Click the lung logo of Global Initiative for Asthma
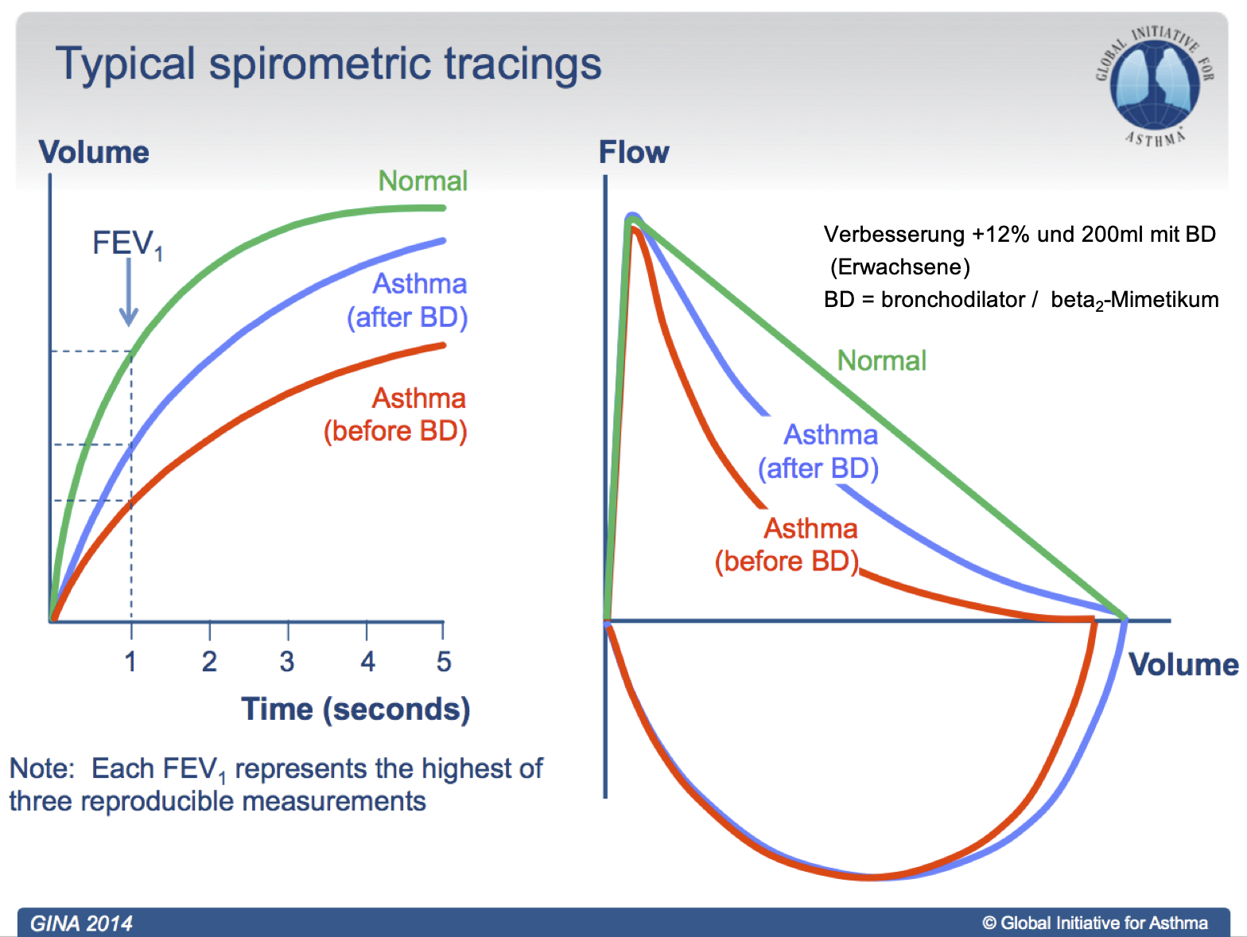[1155, 86]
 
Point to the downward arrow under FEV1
[129, 292]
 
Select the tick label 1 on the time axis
[130, 662]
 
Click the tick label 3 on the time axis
[287, 662]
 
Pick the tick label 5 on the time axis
[444, 662]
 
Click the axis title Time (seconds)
[355, 710]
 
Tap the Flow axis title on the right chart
[634, 152]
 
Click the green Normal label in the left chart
[422, 181]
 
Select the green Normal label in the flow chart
[882, 361]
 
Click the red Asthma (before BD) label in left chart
[395, 414]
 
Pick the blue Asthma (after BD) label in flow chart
[818, 452]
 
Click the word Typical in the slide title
[125, 64]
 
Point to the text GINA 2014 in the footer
[81, 923]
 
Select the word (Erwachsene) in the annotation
[900, 267]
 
